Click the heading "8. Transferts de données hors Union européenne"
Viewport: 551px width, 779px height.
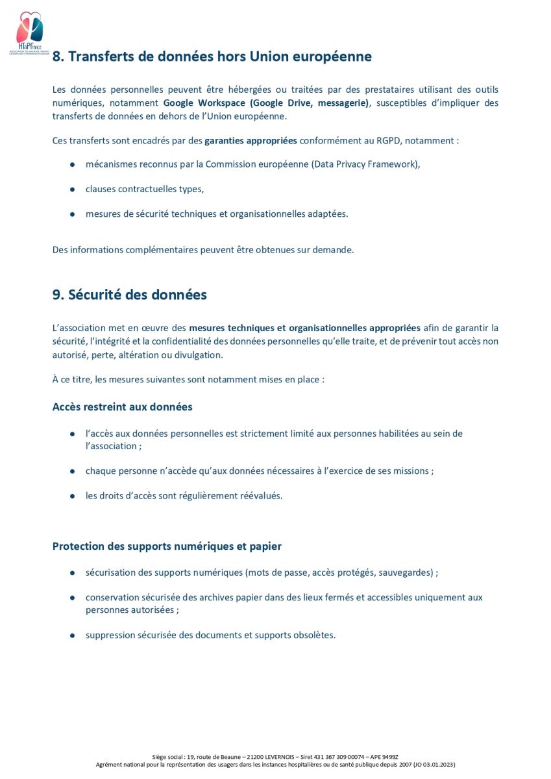(212, 56)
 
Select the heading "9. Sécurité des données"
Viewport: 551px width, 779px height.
(129, 295)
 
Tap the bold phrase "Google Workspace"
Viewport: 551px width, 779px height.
(204, 103)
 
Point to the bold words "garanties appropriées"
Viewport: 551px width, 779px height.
(251, 140)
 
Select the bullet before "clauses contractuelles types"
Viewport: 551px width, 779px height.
(72, 190)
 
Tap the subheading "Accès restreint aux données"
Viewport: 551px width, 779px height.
(122, 407)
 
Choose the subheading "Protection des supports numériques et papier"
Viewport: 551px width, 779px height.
(167, 547)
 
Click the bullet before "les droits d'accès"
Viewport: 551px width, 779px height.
(72, 496)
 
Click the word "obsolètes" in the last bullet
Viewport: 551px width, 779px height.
(314, 635)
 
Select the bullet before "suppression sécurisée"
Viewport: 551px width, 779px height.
(72, 635)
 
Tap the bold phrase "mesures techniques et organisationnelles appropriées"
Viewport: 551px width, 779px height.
(304, 328)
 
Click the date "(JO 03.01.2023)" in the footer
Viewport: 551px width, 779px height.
(434, 765)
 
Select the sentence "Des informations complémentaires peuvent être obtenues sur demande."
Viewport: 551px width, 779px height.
(203, 250)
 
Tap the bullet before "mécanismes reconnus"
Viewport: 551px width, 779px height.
(72, 164)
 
